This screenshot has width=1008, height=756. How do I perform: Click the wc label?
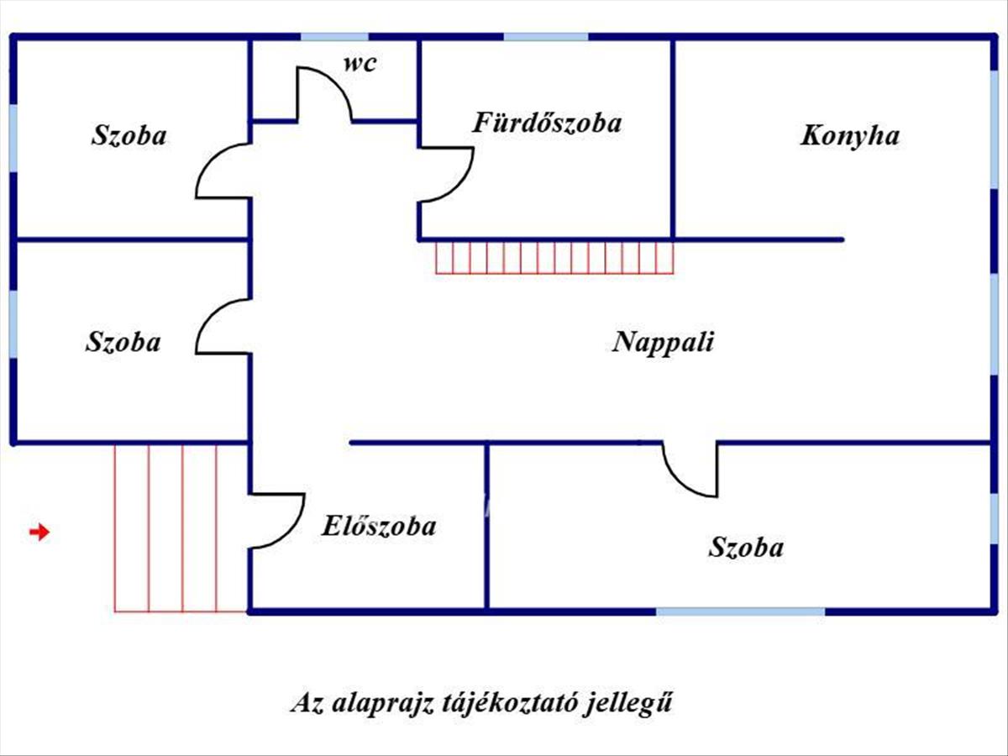pos(359,64)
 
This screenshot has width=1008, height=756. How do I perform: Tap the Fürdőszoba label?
pos(547,123)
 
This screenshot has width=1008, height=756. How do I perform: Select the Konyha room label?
pos(849,136)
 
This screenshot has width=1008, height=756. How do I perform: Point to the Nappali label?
pos(663,342)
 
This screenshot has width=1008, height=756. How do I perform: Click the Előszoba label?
pos(378,527)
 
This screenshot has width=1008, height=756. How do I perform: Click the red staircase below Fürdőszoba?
pos(554,257)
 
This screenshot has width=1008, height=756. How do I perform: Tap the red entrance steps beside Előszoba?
pos(181,528)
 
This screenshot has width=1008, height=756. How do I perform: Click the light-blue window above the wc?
pos(334,37)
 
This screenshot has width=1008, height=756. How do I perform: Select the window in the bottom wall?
pos(740,612)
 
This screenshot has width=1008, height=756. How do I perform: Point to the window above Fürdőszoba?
pos(546,37)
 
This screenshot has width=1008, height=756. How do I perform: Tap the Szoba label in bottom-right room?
pos(746,548)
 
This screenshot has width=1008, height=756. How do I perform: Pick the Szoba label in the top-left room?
pos(129,135)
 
